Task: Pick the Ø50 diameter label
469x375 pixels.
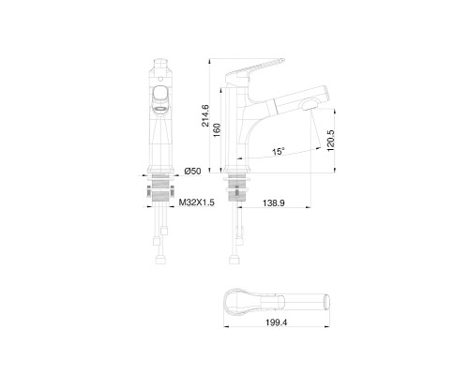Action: (192, 171)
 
